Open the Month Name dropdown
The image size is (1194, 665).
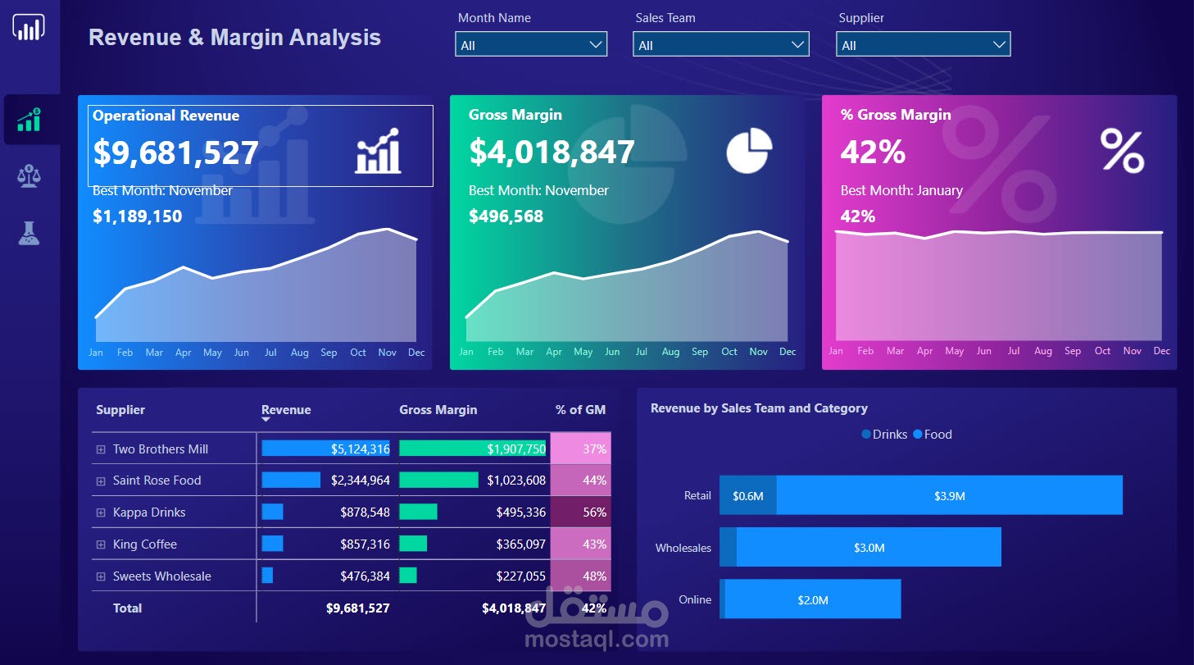pos(530,45)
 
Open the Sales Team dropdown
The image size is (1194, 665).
pos(720,45)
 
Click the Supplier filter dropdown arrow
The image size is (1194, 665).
pos(998,45)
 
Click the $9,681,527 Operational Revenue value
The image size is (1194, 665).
pos(175,153)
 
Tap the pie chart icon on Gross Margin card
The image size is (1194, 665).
pos(749,151)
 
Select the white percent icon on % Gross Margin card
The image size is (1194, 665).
pos(1122,150)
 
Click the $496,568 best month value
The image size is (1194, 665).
pos(506,216)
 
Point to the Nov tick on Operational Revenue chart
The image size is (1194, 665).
pos(387,353)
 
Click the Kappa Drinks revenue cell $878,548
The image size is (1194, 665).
pos(365,512)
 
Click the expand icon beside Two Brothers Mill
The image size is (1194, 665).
pos(102,449)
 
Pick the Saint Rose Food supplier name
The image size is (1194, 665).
pos(157,481)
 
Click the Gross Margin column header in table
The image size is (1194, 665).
pos(438,410)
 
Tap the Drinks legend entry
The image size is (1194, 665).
pos(884,435)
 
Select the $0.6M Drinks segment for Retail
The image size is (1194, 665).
pos(747,496)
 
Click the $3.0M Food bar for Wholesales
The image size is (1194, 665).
pos(869,548)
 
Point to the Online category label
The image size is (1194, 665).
pos(694,599)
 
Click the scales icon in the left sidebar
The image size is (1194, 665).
pos(30,175)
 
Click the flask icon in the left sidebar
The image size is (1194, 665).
pos(30,234)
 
